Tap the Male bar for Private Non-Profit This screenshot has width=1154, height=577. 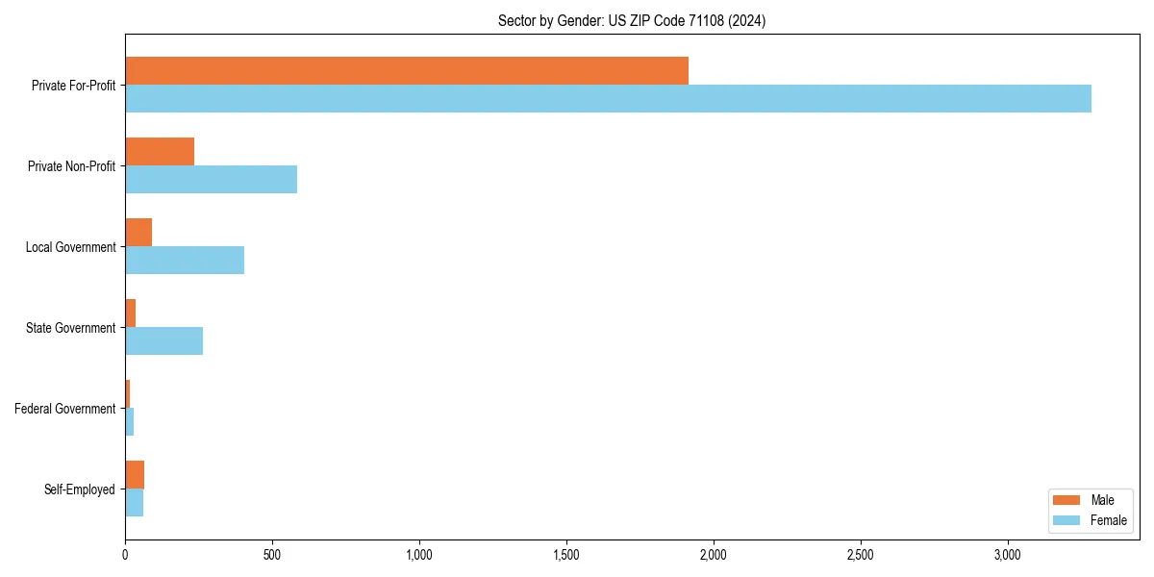pos(160,152)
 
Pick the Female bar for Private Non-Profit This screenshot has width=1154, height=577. pos(211,180)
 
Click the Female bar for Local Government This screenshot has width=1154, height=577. pos(185,261)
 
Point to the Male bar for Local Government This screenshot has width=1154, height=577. pos(138,233)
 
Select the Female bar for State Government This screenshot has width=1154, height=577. pos(163,341)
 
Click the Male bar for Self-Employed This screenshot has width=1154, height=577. pos(135,475)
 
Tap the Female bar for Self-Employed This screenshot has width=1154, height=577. pos(134,503)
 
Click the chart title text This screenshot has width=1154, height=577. pos(632,20)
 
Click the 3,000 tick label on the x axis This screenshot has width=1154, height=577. pos(1007,555)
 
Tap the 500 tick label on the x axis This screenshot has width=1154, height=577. pos(272,555)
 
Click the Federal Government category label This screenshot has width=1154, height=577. pos(65,409)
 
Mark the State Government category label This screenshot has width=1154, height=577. pos(71,328)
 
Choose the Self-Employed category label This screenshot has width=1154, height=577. pos(80,489)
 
